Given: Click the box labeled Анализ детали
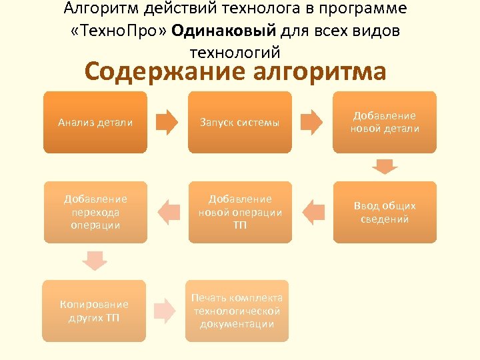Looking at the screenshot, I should [x=95, y=123].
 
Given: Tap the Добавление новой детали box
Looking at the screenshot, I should [x=385, y=123].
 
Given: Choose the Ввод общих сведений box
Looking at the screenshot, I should [x=385, y=212].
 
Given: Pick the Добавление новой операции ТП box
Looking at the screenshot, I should [x=240, y=212].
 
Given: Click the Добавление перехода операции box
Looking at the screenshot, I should [x=95, y=212].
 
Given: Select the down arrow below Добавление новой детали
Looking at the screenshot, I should [x=385, y=165].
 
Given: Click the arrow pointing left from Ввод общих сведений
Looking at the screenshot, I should [x=311, y=212].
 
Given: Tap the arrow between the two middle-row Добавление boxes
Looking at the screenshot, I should [x=167, y=212].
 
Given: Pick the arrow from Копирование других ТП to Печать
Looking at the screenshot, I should [x=165, y=311].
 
